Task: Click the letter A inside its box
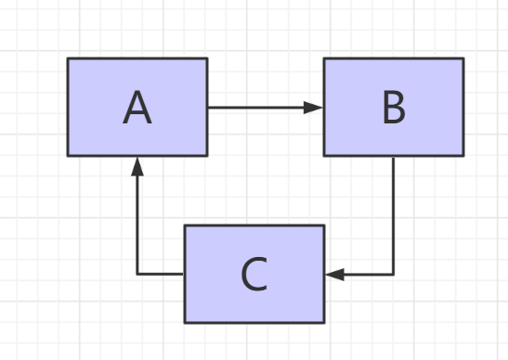click(x=137, y=109)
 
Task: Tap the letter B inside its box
click(x=394, y=109)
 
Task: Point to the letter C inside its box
click(x=254, y=275)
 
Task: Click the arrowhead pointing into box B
click(x=316, y=108)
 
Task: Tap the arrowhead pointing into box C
click(x=333, y=275)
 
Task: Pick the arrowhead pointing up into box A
click(x=137, y=164)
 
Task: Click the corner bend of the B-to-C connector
click(x=394, y=275)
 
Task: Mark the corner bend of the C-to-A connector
click(x=137, y=275)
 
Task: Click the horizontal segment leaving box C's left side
click(x=161, y=275)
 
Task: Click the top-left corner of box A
click(x=68, y=59)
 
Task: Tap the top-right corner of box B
click(x=462, y=59)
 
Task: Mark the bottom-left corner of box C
click(x=185, y=322)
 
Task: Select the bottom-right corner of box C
click(x=324, y=322)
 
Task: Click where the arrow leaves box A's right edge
click(x=207, y=108)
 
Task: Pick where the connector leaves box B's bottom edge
click(x=394, y=156)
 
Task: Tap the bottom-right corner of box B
click(x=462, y=156)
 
